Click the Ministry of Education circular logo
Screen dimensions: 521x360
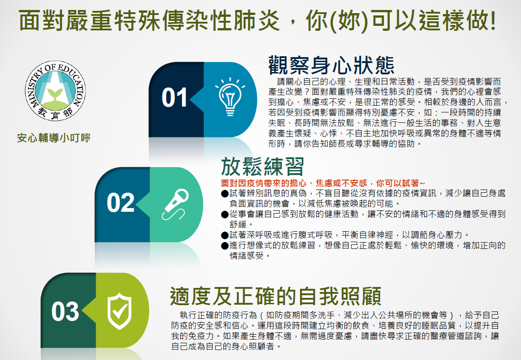point(55,91)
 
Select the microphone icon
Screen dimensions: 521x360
point(176,204)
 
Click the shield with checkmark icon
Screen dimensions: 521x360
point(119,311)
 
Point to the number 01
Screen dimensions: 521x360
point(174,97)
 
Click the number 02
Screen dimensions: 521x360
point(120,203)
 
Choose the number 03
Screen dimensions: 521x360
point(65,311)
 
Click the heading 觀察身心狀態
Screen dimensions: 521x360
point(331,65)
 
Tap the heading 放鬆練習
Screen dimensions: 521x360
point(262,166)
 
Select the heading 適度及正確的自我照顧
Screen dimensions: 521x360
point(275,296)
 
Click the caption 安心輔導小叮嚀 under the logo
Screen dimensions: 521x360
point(54,138)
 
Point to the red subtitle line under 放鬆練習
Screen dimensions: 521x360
point(323,183)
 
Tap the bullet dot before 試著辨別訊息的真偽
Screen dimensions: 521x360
point(225,194)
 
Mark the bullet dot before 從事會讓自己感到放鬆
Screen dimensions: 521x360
point(225,214)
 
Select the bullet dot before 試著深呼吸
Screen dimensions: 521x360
point(225,235)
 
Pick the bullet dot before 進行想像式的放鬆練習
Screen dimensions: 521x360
point(225,246)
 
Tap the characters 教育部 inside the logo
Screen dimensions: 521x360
point(55,114)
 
